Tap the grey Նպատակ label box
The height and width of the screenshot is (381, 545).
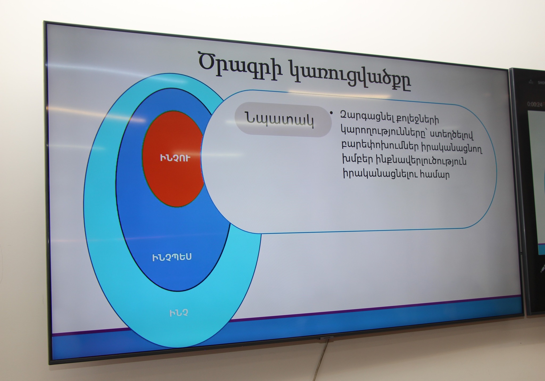tap(283, 121)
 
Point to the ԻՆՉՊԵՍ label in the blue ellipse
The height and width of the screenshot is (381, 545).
tap(172, 257)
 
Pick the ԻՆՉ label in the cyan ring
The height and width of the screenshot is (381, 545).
tap(179, 313)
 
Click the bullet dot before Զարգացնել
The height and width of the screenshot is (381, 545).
tap(331, 113)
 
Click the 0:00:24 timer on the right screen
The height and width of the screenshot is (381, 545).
tap(535, 104)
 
